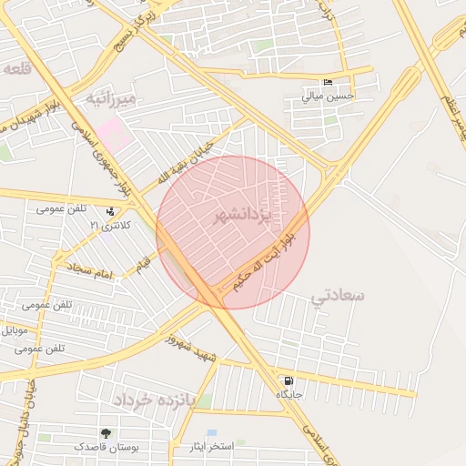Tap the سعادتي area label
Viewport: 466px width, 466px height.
[337, 296]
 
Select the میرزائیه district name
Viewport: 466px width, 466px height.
[111, 97]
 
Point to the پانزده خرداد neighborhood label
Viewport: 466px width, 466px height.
[154, 400]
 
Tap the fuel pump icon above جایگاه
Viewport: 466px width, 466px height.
[289, 380]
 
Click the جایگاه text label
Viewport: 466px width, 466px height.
[289, 394]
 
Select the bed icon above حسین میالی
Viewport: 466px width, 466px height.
[328, 82]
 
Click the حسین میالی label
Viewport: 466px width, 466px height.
[328, 96]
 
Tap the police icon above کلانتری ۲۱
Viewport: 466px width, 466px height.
[110, 211]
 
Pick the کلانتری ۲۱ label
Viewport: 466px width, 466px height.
[109, 225]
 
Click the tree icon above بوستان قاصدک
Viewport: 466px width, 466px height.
[107, 433]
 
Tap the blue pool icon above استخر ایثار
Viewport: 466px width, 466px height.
[212, 433]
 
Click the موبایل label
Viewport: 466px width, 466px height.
[19, 329]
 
